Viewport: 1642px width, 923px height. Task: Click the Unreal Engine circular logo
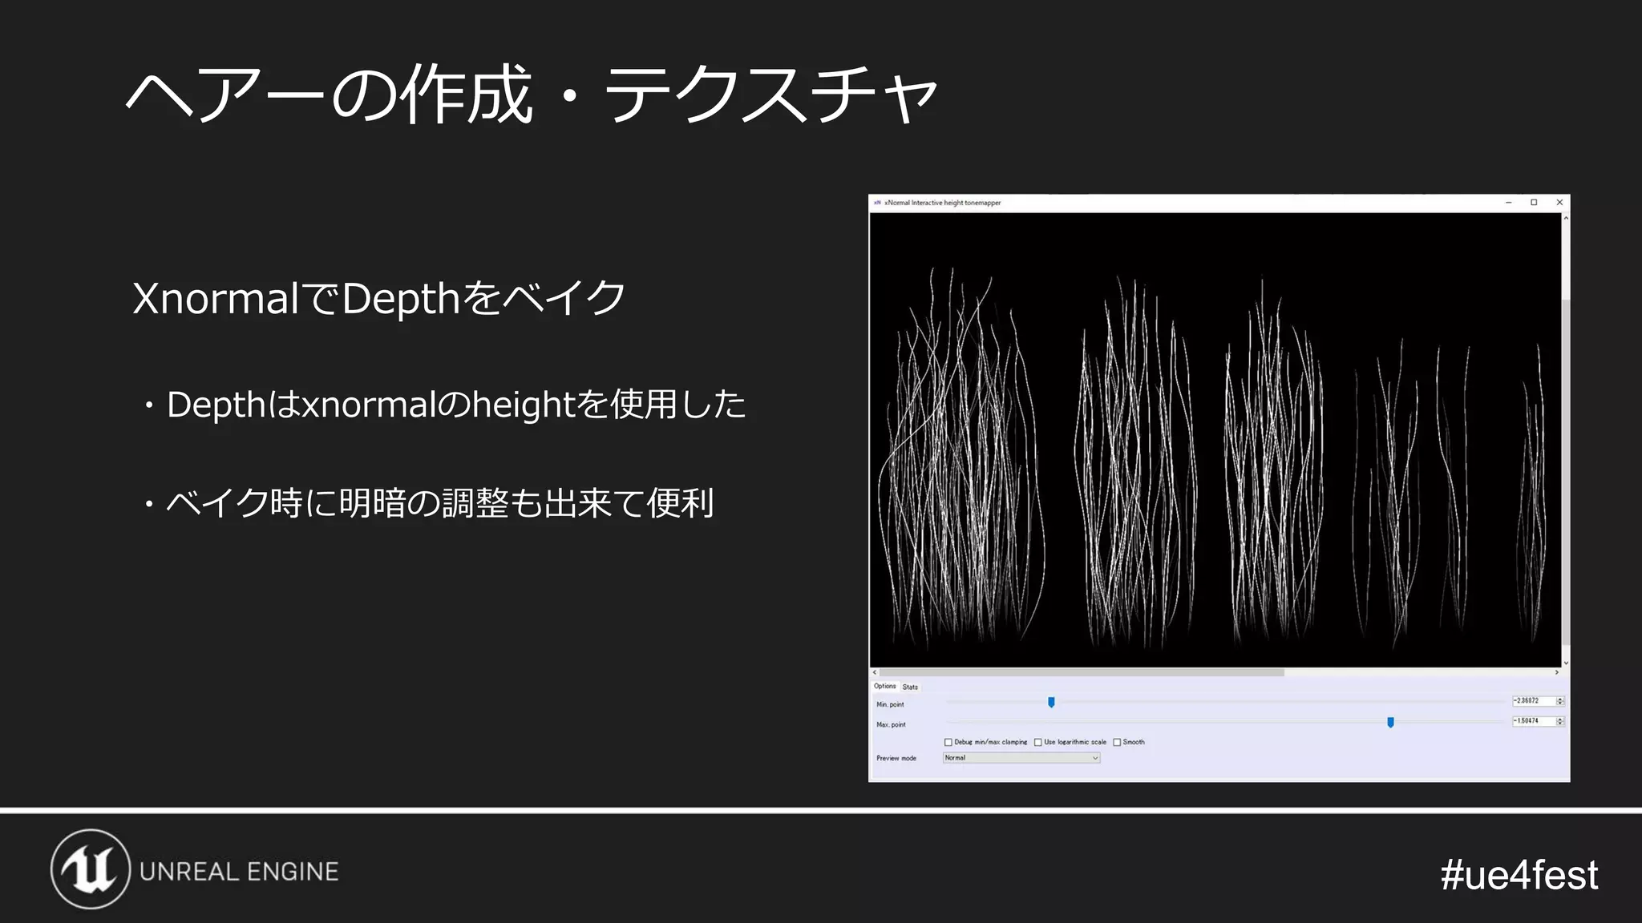coord(90,869)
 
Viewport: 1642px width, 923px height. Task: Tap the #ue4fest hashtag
coord(1519,874)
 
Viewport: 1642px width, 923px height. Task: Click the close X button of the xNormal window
coord(1559,203)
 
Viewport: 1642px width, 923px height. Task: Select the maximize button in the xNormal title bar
coord(1534,203)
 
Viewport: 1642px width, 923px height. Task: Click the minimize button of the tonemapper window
coord(1508,203)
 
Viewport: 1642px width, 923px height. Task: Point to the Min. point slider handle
coord(1051,703)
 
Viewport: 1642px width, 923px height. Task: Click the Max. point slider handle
coord(1390,722)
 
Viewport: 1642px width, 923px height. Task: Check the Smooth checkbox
coord(1117,743)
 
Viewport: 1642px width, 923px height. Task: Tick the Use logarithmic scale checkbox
coord(1038,743)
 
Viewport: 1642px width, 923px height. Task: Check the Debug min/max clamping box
coord(948,743)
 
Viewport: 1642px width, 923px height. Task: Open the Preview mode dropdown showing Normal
coord(1021,758)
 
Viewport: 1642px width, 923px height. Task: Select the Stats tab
coord(910,687)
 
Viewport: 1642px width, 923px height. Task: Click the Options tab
coord(884,687)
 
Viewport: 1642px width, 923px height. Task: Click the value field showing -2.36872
coord(1532,701)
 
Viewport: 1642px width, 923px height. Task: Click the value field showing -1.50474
coord(1532,721)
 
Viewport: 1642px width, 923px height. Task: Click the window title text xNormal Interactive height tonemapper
coord(942,203)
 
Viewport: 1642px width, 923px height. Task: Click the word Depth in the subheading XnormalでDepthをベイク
coord(400,299)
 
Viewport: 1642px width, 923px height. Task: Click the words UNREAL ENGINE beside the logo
coord(239,872)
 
